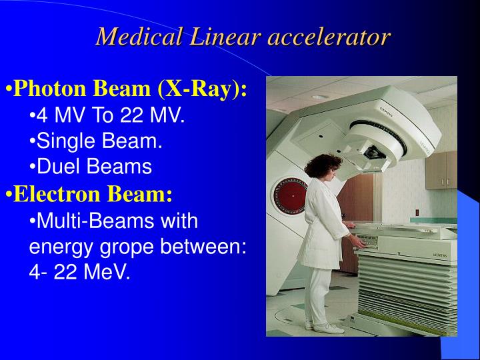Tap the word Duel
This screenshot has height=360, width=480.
[x=59, y=167]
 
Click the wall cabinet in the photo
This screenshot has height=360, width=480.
[x=441, y=170]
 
